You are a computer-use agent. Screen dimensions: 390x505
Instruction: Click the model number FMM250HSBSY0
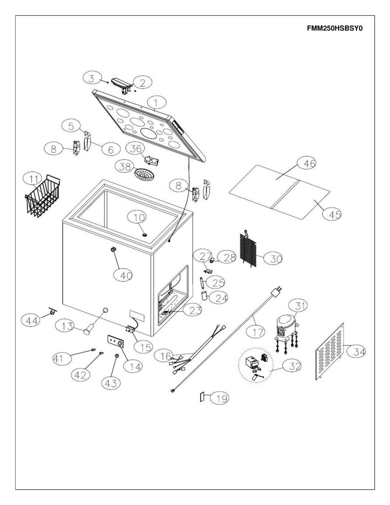(x=335, y=28)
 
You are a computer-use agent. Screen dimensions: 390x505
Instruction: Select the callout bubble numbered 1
(x=156, y=103)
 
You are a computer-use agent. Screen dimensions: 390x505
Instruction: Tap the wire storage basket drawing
(x=42, y=195)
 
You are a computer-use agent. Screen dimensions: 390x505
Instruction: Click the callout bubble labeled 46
(x=306, y=164)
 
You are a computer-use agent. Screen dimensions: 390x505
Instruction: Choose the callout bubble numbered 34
(x=356, y=351)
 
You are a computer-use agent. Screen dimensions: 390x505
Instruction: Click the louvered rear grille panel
(x=330, y=351)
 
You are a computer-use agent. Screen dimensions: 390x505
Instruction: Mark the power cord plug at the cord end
(x=276, y=291)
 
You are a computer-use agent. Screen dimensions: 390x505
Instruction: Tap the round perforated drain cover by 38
(x=144, y=174)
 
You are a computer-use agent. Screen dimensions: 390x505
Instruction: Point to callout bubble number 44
(x=31, y=320)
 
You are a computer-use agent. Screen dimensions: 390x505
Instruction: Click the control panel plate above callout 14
(x=115, y=341)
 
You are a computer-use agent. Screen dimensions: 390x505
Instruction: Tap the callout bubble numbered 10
(x=137, y=217)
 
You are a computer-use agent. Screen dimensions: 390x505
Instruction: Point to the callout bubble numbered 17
(x=256, y=331)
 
